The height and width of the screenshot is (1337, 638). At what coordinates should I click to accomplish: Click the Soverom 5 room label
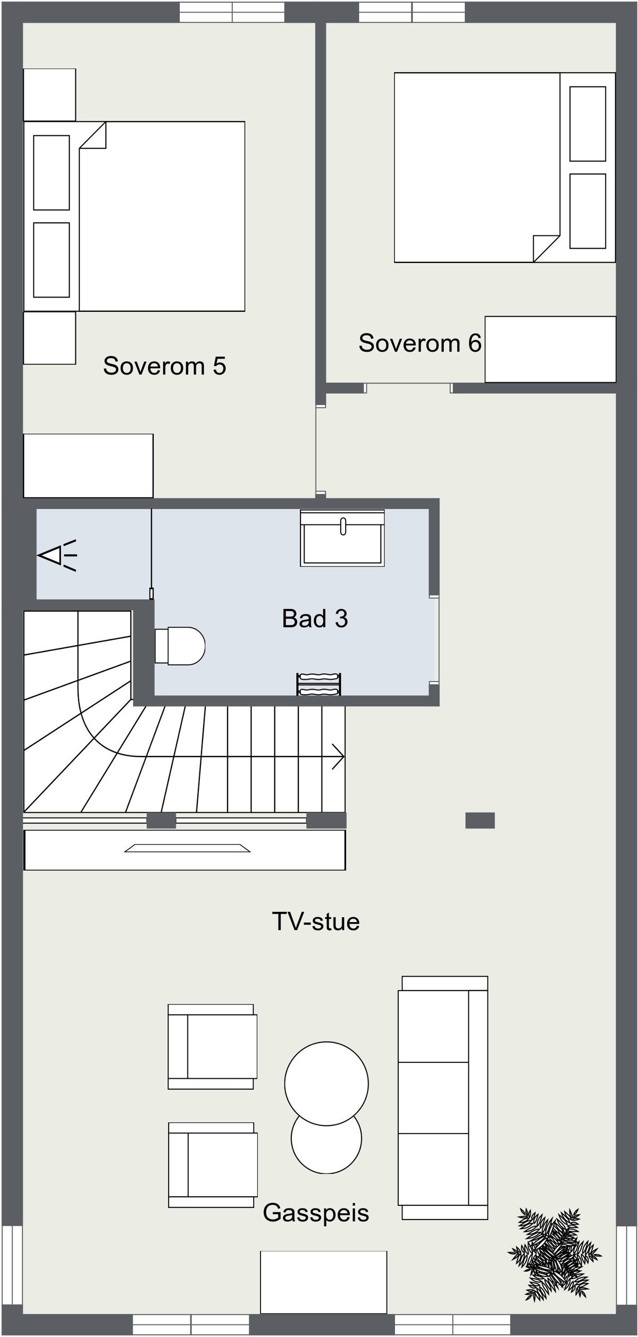click(x=164, y=366)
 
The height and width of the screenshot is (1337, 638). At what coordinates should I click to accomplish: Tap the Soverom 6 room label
click(x=419, y=343)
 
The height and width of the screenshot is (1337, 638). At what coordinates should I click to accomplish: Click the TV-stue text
click(x=316, y=921)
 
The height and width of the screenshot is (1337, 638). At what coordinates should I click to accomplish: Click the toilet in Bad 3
click(x=181, y=646)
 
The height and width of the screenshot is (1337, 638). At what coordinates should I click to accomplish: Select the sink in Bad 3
click(x=342, y=538)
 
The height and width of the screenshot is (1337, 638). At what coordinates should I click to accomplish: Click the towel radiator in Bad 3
click(x=318, y=684)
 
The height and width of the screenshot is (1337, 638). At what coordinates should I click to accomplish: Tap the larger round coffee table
click(x=326, y=1083)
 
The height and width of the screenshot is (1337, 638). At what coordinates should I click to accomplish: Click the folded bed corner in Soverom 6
click(x=546, y=248)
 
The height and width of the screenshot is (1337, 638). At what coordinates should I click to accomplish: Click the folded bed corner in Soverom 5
click(x=94, y=136)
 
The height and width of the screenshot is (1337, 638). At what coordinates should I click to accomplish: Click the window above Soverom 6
click(x=412, y=12)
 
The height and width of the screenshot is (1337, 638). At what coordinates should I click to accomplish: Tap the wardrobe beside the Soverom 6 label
click(x=550, y=349)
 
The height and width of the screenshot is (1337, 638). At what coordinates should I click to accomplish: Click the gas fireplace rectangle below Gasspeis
click(x=323, y=1282)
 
